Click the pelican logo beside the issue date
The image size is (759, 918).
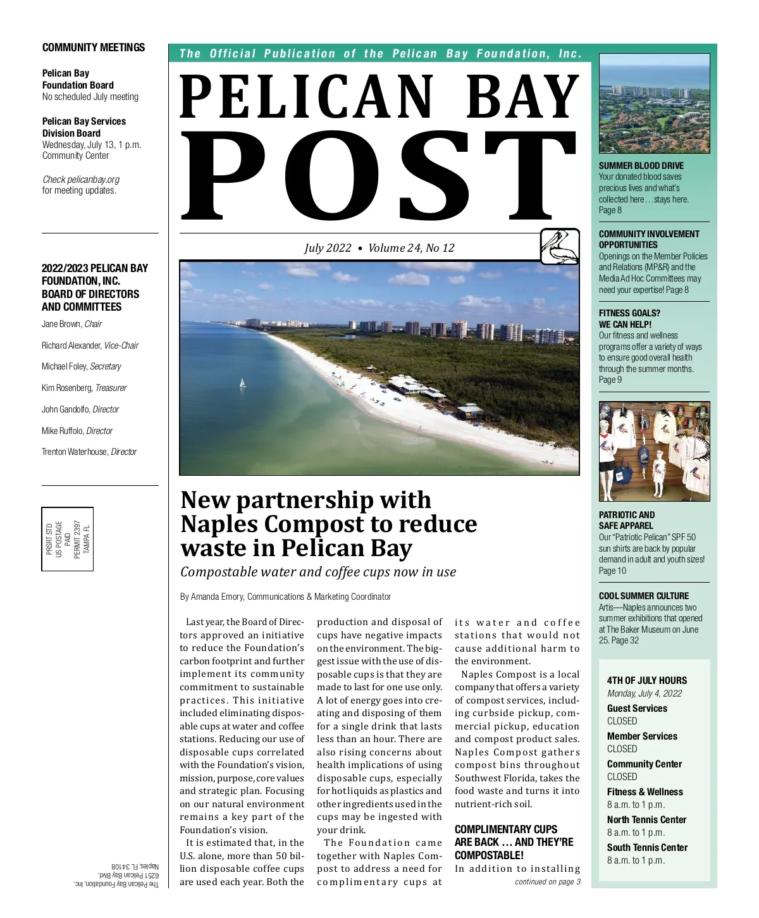tap(560, 247)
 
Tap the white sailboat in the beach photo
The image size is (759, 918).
tap(242, 383)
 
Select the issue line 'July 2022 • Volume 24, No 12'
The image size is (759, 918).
tap(379, 248)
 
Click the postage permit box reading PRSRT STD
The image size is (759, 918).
tap(68, 539)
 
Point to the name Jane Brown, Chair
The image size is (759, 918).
tap(71, 324)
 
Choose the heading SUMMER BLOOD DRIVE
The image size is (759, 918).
tap(641, 166)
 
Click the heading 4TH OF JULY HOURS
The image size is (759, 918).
tap(646, 681)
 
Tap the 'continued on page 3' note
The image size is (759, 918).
tap(547, 882)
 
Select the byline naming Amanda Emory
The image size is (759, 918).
tap(285, 597)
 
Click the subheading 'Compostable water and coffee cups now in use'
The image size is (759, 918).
tap(318, 572)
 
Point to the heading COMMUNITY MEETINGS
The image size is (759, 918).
tap(94, 47)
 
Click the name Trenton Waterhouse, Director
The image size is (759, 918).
tap(89, 452)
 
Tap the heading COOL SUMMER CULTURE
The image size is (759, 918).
tap(644, 596)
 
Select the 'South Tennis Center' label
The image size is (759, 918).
tap(647, 848)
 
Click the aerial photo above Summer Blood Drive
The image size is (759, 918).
tap(654, 104)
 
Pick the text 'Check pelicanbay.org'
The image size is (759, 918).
tap(81, 180)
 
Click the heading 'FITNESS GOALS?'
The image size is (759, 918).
tap(629, 313)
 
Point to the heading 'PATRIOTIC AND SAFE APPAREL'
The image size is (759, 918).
tap(627, 520)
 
